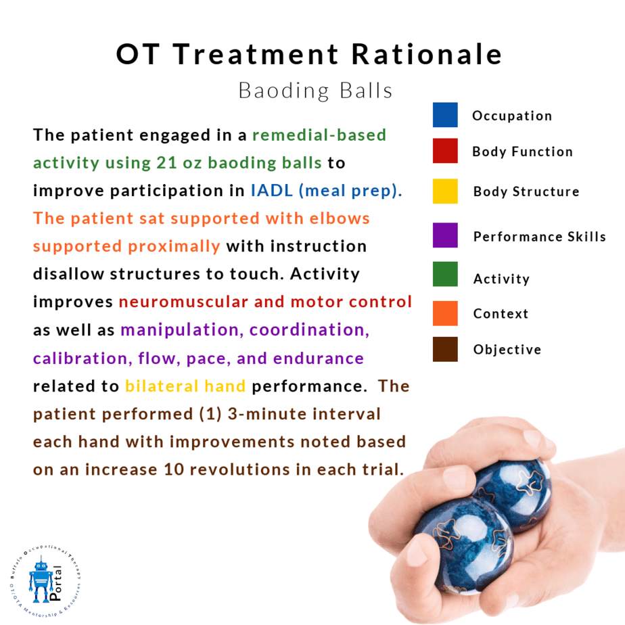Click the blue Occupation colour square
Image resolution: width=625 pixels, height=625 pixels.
445,115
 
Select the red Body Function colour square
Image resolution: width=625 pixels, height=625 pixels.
445,151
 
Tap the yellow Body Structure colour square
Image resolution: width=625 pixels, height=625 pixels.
445,191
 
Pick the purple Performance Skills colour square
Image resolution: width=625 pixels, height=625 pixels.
445,235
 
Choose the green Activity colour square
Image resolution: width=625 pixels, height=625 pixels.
445,274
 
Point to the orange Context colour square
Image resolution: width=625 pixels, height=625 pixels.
445,313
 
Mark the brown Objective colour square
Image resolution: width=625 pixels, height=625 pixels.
445,349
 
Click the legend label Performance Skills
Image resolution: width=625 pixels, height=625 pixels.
539,236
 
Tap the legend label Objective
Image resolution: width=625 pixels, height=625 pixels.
507,350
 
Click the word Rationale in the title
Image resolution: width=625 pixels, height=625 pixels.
427,54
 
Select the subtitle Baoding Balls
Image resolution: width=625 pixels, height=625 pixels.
315,91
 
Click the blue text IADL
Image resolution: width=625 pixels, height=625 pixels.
272,191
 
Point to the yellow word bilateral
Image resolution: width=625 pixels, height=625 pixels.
162,386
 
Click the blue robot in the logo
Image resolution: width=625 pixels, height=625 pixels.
41,581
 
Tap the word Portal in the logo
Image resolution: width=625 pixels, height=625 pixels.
55,583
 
